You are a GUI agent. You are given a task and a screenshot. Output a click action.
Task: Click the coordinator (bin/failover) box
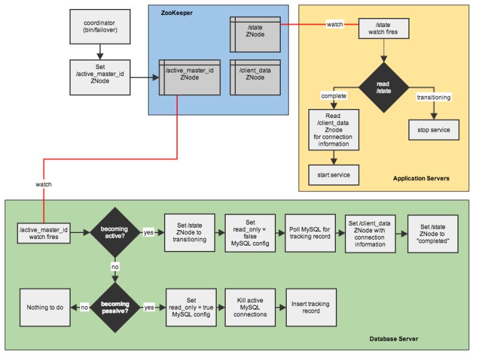tap(99, 26)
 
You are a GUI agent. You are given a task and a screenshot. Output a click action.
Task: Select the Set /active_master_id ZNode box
tap(99, 77)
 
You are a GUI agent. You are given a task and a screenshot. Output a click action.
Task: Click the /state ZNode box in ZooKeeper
tap(255, 32)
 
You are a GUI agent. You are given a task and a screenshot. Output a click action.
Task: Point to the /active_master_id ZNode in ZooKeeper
tap(189, 77)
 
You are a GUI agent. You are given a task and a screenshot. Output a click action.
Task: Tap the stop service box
tap(433, 129)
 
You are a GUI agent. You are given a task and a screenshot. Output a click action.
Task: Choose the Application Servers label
tap(420, 179)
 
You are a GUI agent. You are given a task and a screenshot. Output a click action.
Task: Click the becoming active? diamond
tap(113, 232)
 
